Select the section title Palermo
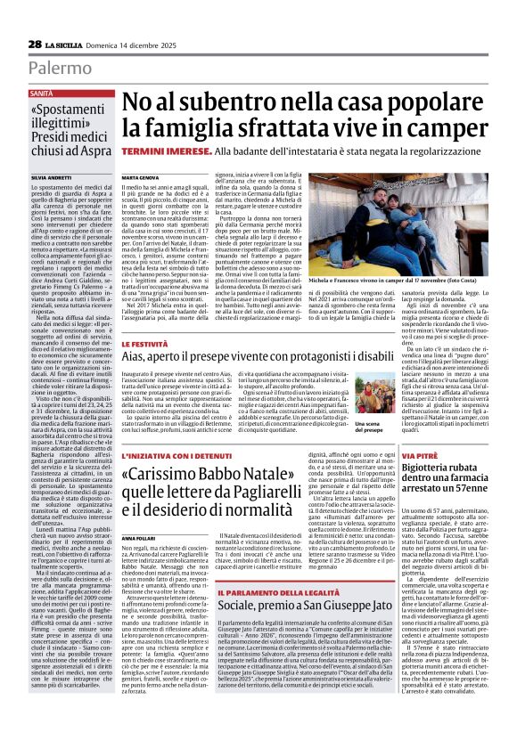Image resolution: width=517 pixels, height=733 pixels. point(60,69)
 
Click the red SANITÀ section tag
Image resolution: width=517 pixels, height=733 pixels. point(41,93)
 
